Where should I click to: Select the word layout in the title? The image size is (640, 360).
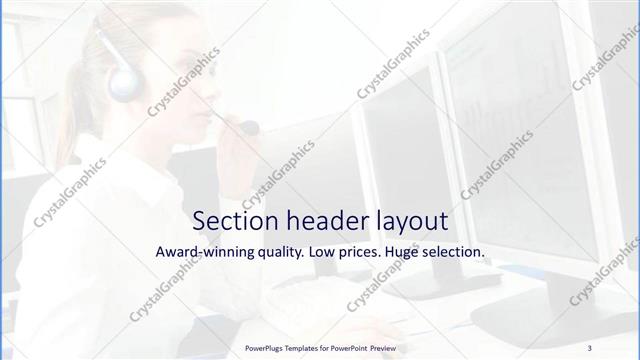(406, 220)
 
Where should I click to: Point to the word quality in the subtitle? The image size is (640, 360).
(277, 253)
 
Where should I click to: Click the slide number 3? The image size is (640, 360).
(590, 347)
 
